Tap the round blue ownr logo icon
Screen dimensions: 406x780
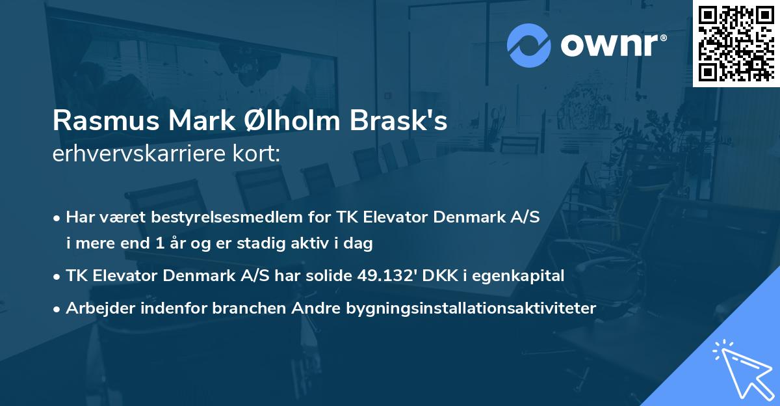[x=529, y=45]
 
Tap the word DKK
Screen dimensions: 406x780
[x=436, y=275]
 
